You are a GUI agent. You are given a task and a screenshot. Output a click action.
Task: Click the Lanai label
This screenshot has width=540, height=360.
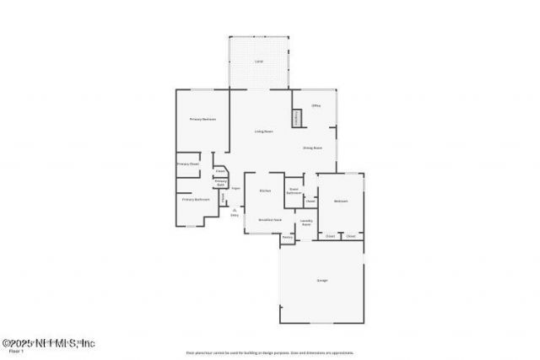click(x=259, y=63)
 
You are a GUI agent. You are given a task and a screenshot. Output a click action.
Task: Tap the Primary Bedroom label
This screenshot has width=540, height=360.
click(x=202, y=120)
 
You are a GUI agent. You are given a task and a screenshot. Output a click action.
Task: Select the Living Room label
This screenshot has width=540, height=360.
click(x=264, y=132)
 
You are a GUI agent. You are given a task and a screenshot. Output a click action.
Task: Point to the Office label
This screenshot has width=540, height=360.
click(x=316, y=105)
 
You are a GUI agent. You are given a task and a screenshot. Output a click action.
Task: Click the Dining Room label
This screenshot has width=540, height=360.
click(x=313, y=148)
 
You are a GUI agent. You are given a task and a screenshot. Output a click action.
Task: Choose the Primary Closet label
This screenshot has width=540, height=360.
click(x=187, y=164)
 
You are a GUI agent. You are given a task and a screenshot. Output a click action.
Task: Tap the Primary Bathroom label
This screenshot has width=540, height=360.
click(x=196, y=200)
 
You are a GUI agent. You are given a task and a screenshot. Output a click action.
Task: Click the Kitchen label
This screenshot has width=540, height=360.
click(x=264, y=191)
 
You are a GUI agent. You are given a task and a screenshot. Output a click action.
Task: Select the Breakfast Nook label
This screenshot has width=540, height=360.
click(x=269, y=219)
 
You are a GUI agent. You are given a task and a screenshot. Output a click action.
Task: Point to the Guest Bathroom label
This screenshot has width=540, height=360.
click(x=294, y=191)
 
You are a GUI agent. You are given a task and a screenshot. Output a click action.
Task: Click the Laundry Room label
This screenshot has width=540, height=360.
click(x=307, y=222)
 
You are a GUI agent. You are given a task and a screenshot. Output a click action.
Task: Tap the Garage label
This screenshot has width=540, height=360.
click(x=322, y=280)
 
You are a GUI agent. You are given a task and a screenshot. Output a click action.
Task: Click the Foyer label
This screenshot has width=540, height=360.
click(x=236, y=188)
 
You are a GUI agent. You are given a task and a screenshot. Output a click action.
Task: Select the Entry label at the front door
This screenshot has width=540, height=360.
click(x=235, y=215)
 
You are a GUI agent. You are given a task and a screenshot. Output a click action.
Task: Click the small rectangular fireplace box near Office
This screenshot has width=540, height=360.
click(x=297, y=119)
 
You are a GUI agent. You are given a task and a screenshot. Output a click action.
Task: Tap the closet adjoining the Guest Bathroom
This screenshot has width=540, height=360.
click(x=310, y=201)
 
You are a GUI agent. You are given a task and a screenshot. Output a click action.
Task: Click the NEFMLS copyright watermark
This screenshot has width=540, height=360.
click(x=48, y=343)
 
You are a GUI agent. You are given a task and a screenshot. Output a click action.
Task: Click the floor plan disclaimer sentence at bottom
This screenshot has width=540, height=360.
click(x=269, y=352)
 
